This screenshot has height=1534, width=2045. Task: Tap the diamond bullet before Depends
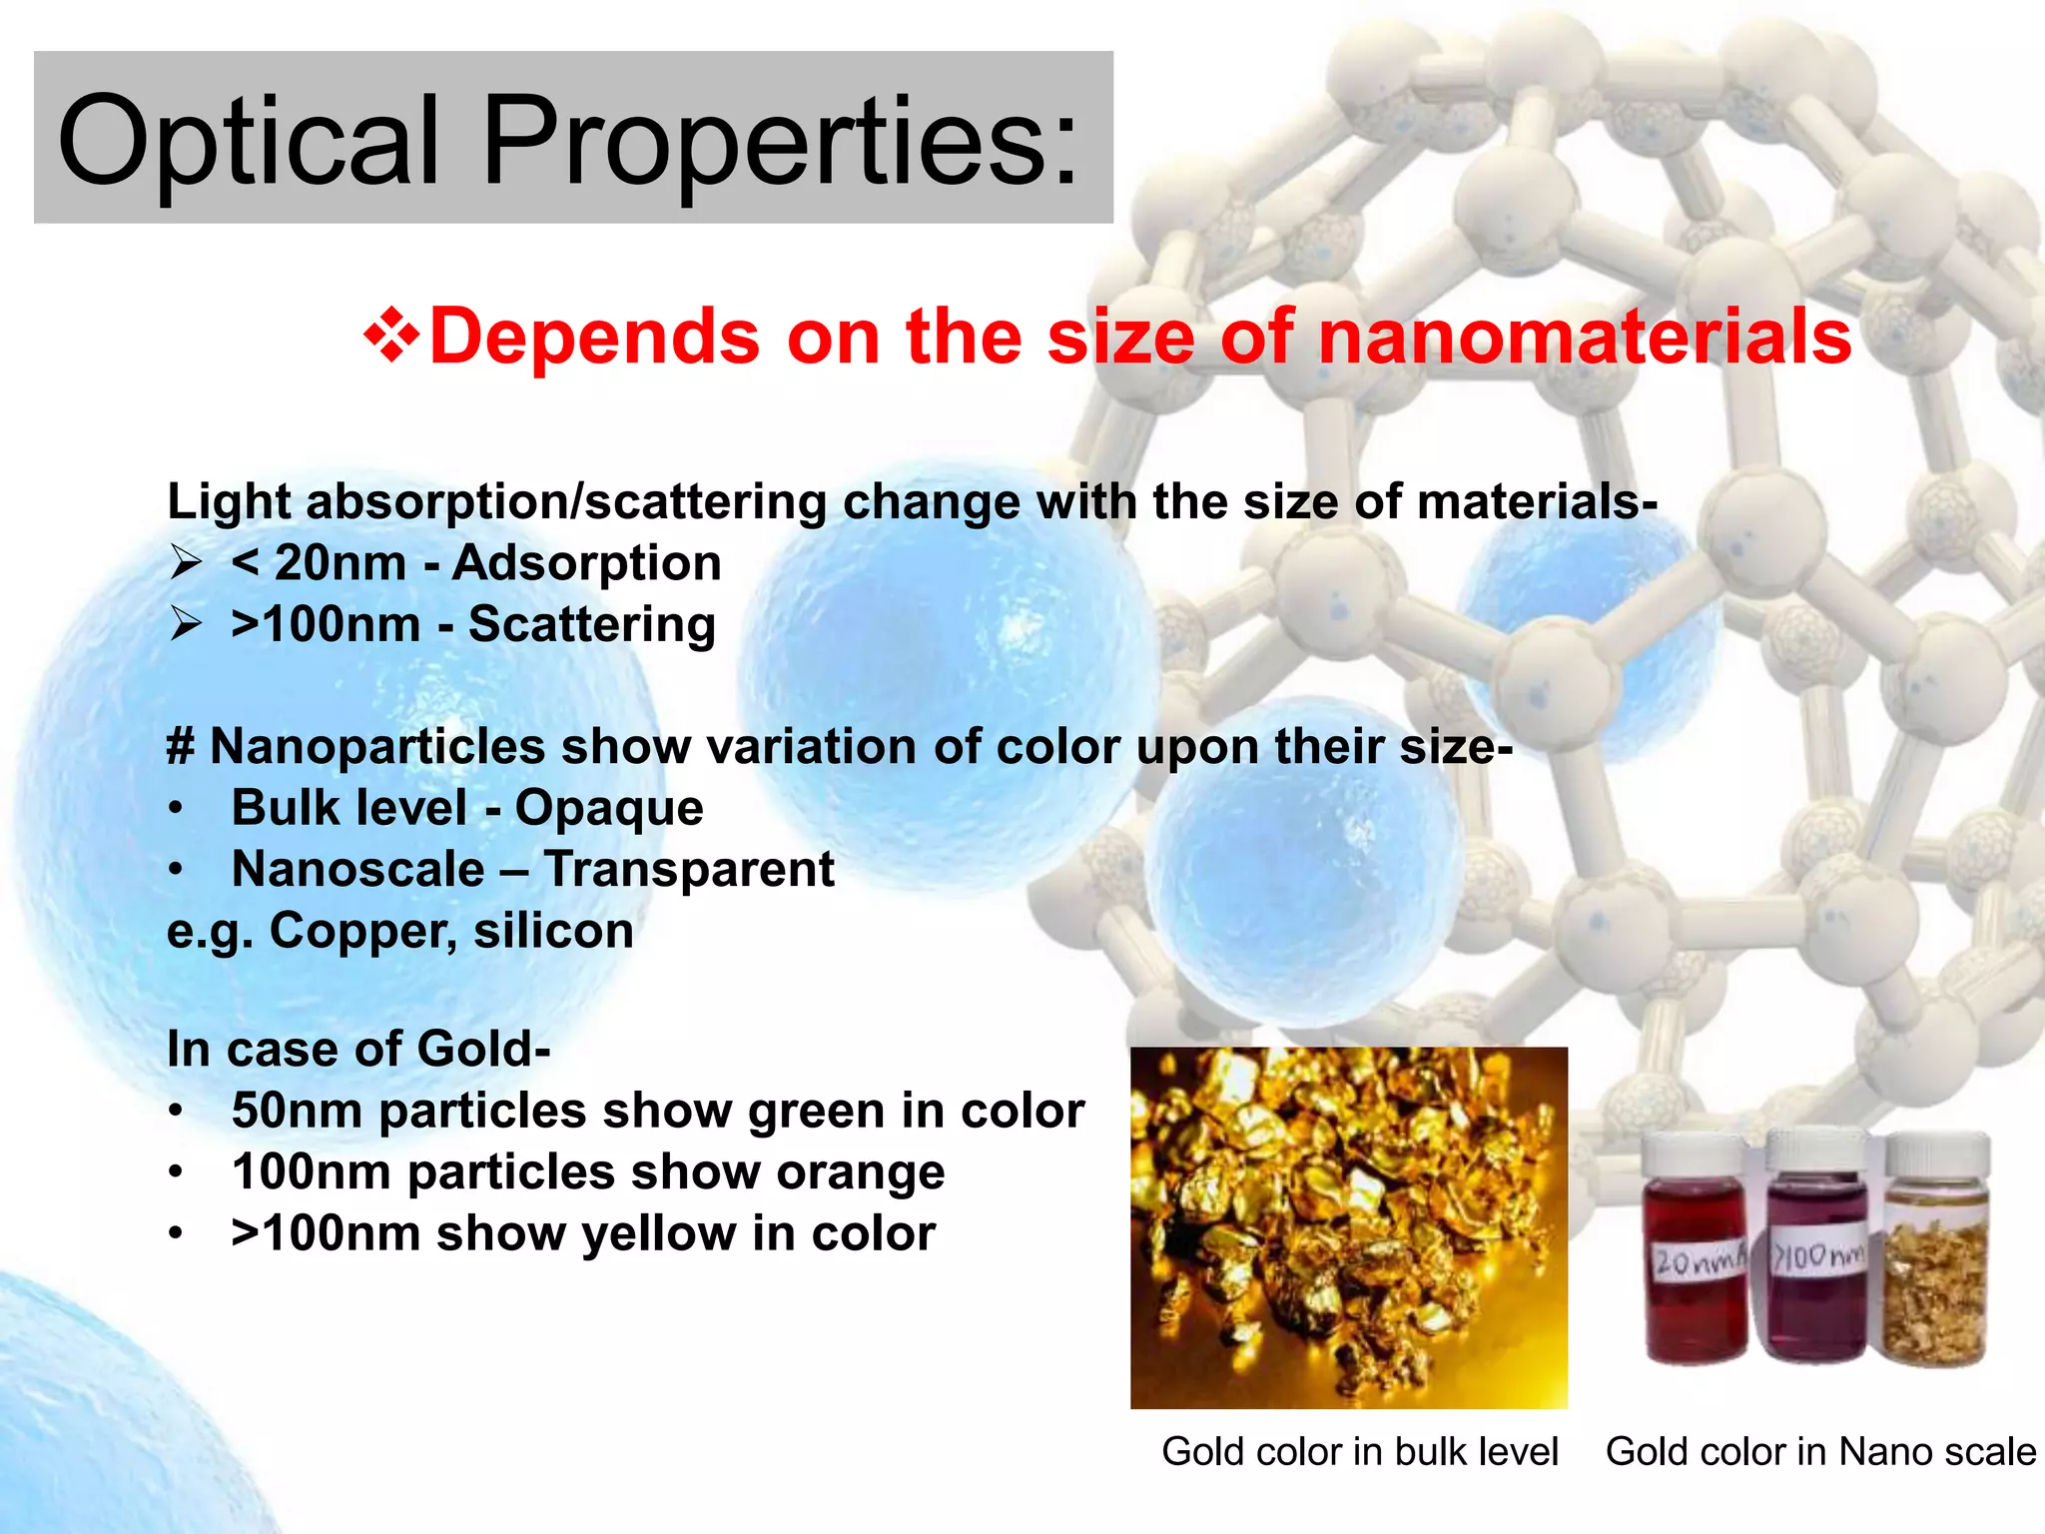click(392, 337)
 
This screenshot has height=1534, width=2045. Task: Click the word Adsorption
click(586, 563)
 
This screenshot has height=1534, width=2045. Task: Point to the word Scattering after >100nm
click(591, 625)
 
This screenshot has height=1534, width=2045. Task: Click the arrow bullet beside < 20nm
click(187, 563)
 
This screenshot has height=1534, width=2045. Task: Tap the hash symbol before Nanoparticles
click(180, 747)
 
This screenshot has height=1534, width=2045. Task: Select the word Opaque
click(609, 808)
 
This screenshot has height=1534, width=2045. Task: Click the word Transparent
click(689, 869)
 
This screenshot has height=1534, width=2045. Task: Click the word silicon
click(553, 931)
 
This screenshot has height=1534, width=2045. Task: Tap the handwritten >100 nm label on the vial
click(1817, 1256)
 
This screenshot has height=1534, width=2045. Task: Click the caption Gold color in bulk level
click(1359, 1452)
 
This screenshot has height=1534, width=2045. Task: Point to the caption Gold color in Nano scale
click(1819, 1452)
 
